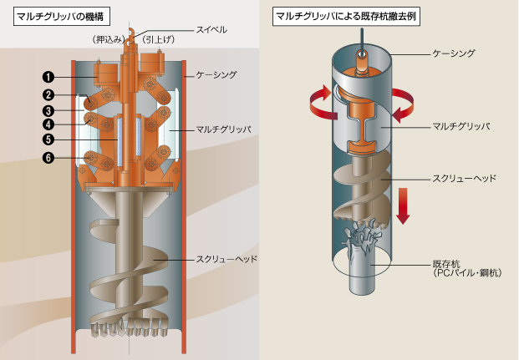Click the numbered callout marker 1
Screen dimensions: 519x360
click(x=48, y=77)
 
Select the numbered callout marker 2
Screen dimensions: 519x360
click(x=48, y=95)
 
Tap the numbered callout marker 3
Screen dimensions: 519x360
click(x=48, y=111)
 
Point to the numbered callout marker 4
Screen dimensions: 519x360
click(x=48, y=124)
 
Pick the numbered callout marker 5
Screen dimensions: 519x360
click(x=48, y=139)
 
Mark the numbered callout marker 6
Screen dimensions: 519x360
click(x=48, y=158)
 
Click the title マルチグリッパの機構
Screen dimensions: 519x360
click(x=60, y=17)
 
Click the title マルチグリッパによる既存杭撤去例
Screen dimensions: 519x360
click(x=346, y=16)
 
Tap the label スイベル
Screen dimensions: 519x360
click(x=211, y=30)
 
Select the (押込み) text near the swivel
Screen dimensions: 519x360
click(x=109, y=40)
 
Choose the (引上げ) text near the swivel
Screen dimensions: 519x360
click(x=159, y=40)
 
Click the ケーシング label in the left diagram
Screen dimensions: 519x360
click(x=216, y=75)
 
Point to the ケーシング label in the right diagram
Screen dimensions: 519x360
click(x=454, y=53)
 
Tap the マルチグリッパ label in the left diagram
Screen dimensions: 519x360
click(x=224, y=129)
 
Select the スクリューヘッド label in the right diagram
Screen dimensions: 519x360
click(x=465, y=179)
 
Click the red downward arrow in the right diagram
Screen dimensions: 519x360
click(x=403, y=205)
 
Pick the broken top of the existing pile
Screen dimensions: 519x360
click(x=361, y=237)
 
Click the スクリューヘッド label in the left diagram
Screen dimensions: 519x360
click(x=226, y=259)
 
